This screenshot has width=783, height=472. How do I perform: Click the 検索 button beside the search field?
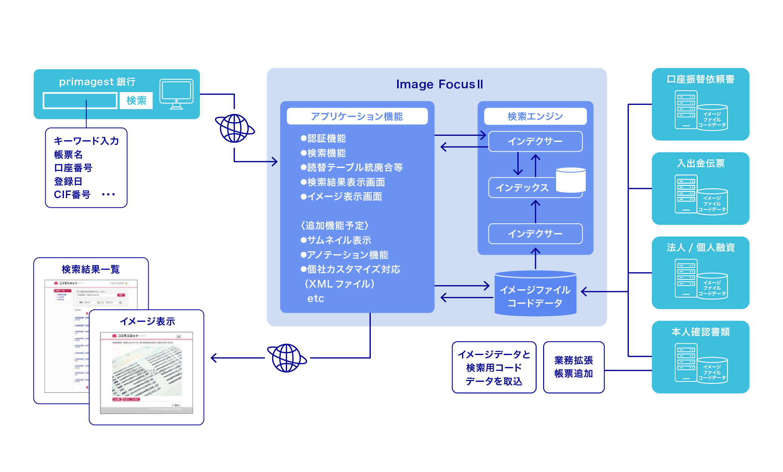tap(136, 101)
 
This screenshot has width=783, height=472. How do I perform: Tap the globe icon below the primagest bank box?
tap(235, 129)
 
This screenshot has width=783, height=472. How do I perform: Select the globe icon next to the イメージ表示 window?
tap(287, 358)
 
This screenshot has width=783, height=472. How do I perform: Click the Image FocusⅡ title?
tap(439, 84)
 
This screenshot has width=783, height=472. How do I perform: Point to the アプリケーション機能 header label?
tap(357, 117)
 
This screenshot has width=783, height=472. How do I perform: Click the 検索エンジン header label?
tap(535, 117)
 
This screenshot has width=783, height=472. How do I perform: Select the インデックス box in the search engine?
tap(522, 188)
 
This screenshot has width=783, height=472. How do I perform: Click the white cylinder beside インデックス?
tap(571, 180)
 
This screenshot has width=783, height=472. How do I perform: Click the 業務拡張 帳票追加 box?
tap(573, 367)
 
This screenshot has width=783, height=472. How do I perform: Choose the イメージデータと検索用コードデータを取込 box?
tap(494, 367)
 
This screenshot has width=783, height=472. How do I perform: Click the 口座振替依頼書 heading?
tap(700, 79)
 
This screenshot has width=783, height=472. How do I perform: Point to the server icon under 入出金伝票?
tap(686, 194)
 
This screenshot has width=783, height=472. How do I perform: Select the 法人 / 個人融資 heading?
tap(700, 248)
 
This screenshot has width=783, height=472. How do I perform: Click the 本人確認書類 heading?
tap(700, 332)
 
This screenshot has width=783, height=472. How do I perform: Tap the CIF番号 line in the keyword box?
tap(72, 195)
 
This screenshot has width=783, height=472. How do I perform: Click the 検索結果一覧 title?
tap(91, 269)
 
